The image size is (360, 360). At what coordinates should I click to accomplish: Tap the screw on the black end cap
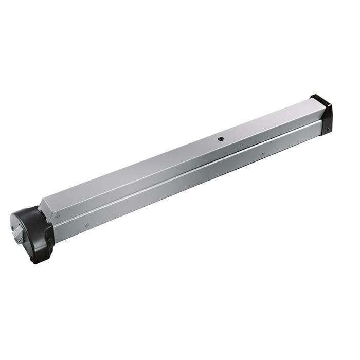click(x=325, y=130)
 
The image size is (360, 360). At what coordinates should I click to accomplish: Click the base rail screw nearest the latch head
click(x=87, y=225)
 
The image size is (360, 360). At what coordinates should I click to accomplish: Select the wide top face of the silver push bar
click(x=180, y=154)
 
